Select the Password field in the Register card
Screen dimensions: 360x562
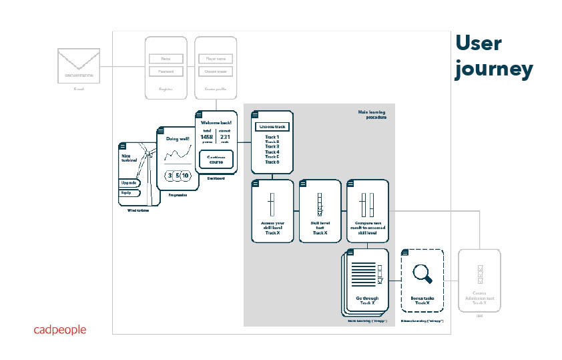[x=166, y=71]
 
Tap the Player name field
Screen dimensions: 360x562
[x=216, y=59]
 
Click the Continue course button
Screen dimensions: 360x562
[x=216, y=160]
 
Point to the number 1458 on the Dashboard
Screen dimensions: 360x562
[x=207, y=137]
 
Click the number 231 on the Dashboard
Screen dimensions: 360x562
[x=225, y=137]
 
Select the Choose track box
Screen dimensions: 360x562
[x=272, y=127]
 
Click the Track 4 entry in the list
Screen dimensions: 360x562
[x=272, y=152]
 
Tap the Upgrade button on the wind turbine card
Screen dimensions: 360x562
[x=129, y=182]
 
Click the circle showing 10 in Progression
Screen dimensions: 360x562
[x=185, y=176]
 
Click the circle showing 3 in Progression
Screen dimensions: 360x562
[x=170, y=176]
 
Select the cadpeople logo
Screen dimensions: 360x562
[x=60, y=329]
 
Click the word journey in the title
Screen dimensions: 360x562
[x=494, y=69]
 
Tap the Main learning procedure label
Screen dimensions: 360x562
[x=372, y=114]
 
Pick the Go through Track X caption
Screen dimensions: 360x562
[x=367, y=301]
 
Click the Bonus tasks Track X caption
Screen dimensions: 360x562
[x=422, y=301]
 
